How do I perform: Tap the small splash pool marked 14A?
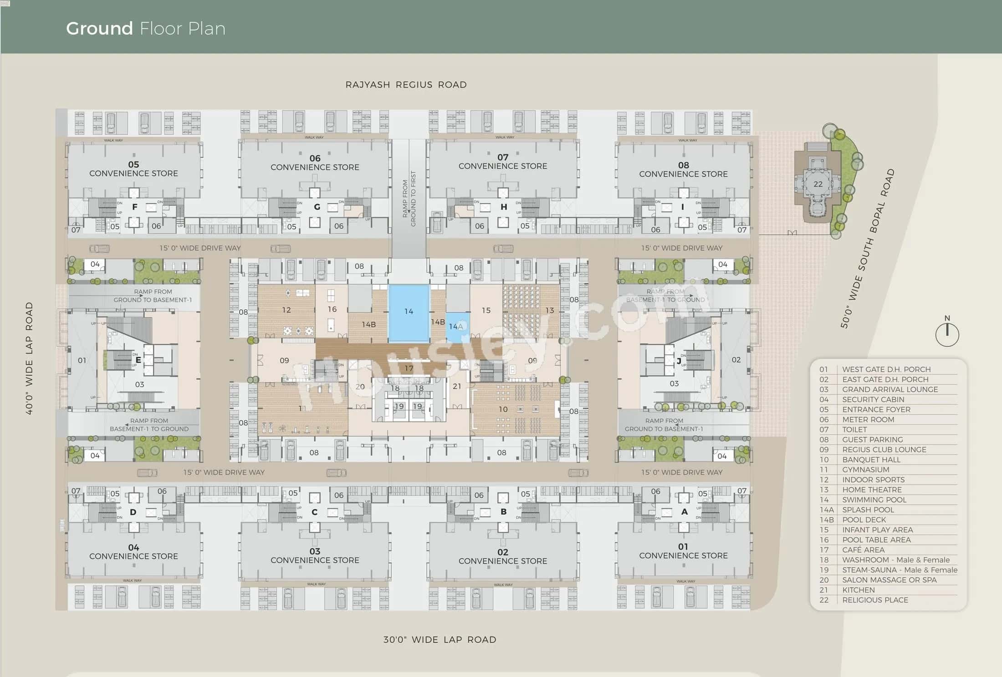coord(457,327)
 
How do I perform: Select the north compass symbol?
coord(947,334)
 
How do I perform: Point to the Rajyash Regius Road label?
coord(406,85)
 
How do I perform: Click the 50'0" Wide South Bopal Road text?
coord(867,249)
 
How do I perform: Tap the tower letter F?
coord(134,207)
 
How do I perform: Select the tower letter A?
coord(684,512)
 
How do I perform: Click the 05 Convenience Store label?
coord(133,169)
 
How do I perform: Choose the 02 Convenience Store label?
coord(502,556)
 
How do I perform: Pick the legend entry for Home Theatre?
coord(871,490)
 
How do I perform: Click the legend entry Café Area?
coord(863,550)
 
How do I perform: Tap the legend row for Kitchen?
coord(858,590)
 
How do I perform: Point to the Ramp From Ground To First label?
coord(409,199)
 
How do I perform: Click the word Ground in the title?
coord(99,29)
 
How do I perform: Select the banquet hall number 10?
coord(503,409)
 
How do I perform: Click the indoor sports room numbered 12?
coord(286,310)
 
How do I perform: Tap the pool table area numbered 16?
coord(332,309)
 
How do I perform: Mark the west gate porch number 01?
coord(82,360)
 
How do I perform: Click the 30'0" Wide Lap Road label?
coord(439,640)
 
